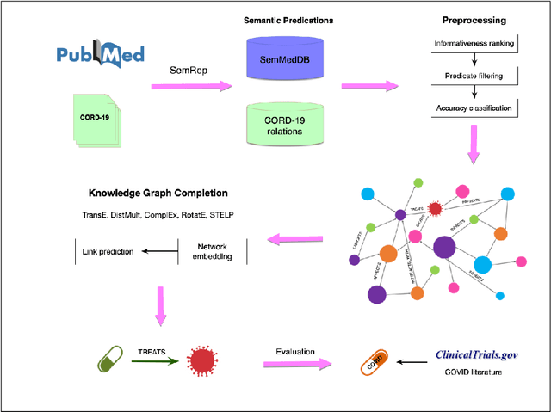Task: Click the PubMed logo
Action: [x=101, y=55]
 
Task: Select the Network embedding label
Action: [x=215, y=251]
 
